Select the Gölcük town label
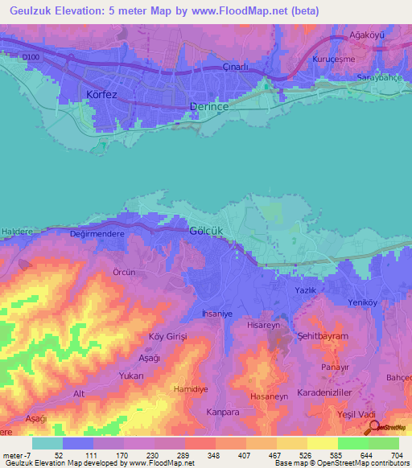point(205,229)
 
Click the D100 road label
point(31,56)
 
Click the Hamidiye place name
point(192,388)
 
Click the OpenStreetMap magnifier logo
point(372,427)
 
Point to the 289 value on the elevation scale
point(184,455)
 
